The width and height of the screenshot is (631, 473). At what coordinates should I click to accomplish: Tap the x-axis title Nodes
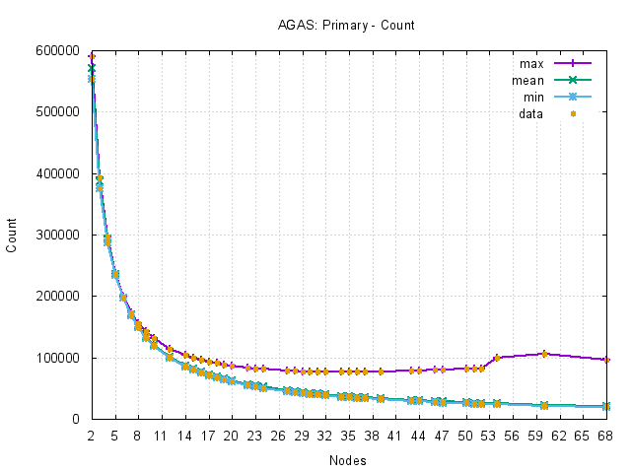point(348,459)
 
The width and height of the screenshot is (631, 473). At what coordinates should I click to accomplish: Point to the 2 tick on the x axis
point(91,435)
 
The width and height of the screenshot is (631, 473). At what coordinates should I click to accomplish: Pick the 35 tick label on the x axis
point(349,435)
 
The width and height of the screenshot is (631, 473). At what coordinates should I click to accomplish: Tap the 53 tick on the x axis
point(489,435)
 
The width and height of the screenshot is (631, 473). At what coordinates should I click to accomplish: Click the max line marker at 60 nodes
point(544,354)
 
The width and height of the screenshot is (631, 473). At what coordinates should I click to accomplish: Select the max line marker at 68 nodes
point(606,360)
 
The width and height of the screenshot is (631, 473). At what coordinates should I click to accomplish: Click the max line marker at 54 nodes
point(497,358)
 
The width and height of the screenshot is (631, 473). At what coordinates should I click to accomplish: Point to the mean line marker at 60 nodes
point(544,405)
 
